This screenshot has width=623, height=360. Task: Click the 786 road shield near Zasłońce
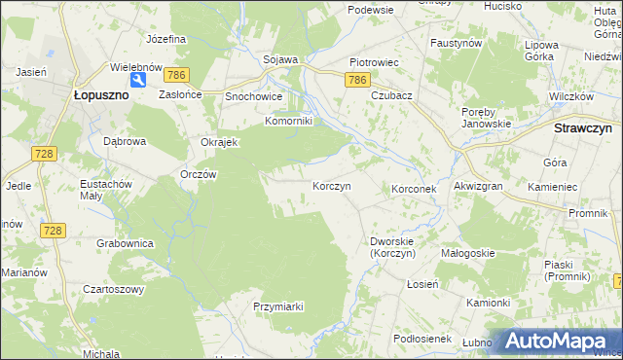click(176, 75)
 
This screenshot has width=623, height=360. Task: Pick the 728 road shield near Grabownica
click(54, 230)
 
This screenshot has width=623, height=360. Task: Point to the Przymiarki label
click(278, 306)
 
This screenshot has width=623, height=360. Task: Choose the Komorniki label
click(288, 122)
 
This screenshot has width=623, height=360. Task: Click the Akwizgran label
click(477, 185)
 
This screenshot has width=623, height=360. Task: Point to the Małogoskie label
click(468, 253)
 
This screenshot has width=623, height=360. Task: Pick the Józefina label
click(165, 40)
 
